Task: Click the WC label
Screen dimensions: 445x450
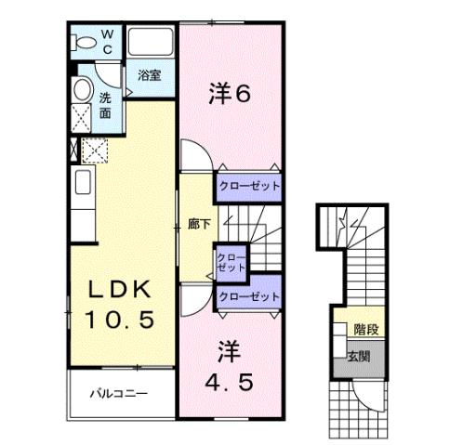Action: coord(106,43)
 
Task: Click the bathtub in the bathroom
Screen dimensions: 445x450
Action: coord(151,43)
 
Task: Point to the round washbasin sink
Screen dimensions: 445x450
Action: coord(81,91)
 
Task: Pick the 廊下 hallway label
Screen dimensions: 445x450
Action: coord(197,223)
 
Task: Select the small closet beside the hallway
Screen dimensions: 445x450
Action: coord(230,260)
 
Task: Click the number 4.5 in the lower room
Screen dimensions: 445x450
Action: coord(228,381)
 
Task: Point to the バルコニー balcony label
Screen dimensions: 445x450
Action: coord(119,393)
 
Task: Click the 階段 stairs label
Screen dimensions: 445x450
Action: coord(365,329)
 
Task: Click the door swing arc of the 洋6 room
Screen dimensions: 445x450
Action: coord(191,153)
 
